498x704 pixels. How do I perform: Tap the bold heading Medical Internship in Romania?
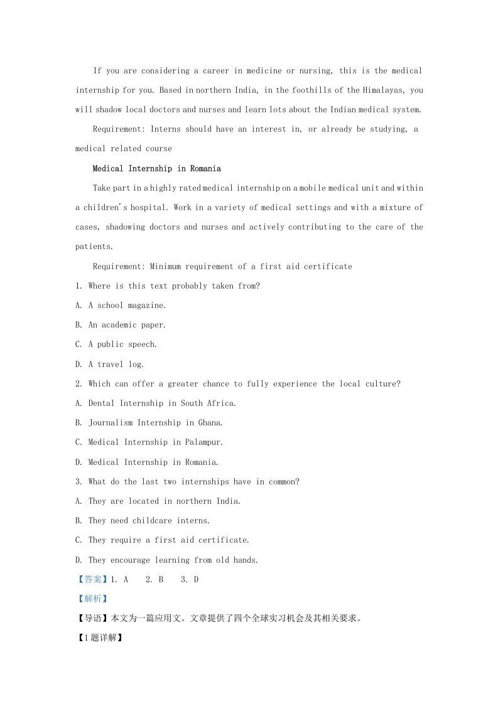(x=156, y=169)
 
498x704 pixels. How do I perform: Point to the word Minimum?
(x=165, y=267)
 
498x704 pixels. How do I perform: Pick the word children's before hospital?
(x=108, y=208)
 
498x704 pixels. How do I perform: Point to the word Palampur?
(x=203, y=442)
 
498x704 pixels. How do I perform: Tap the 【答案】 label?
(x=92, y=580)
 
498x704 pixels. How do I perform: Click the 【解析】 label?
(x=92, y=599)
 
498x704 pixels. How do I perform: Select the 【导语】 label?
(x=92, y=619)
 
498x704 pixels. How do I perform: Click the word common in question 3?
(x=282, y=482)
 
